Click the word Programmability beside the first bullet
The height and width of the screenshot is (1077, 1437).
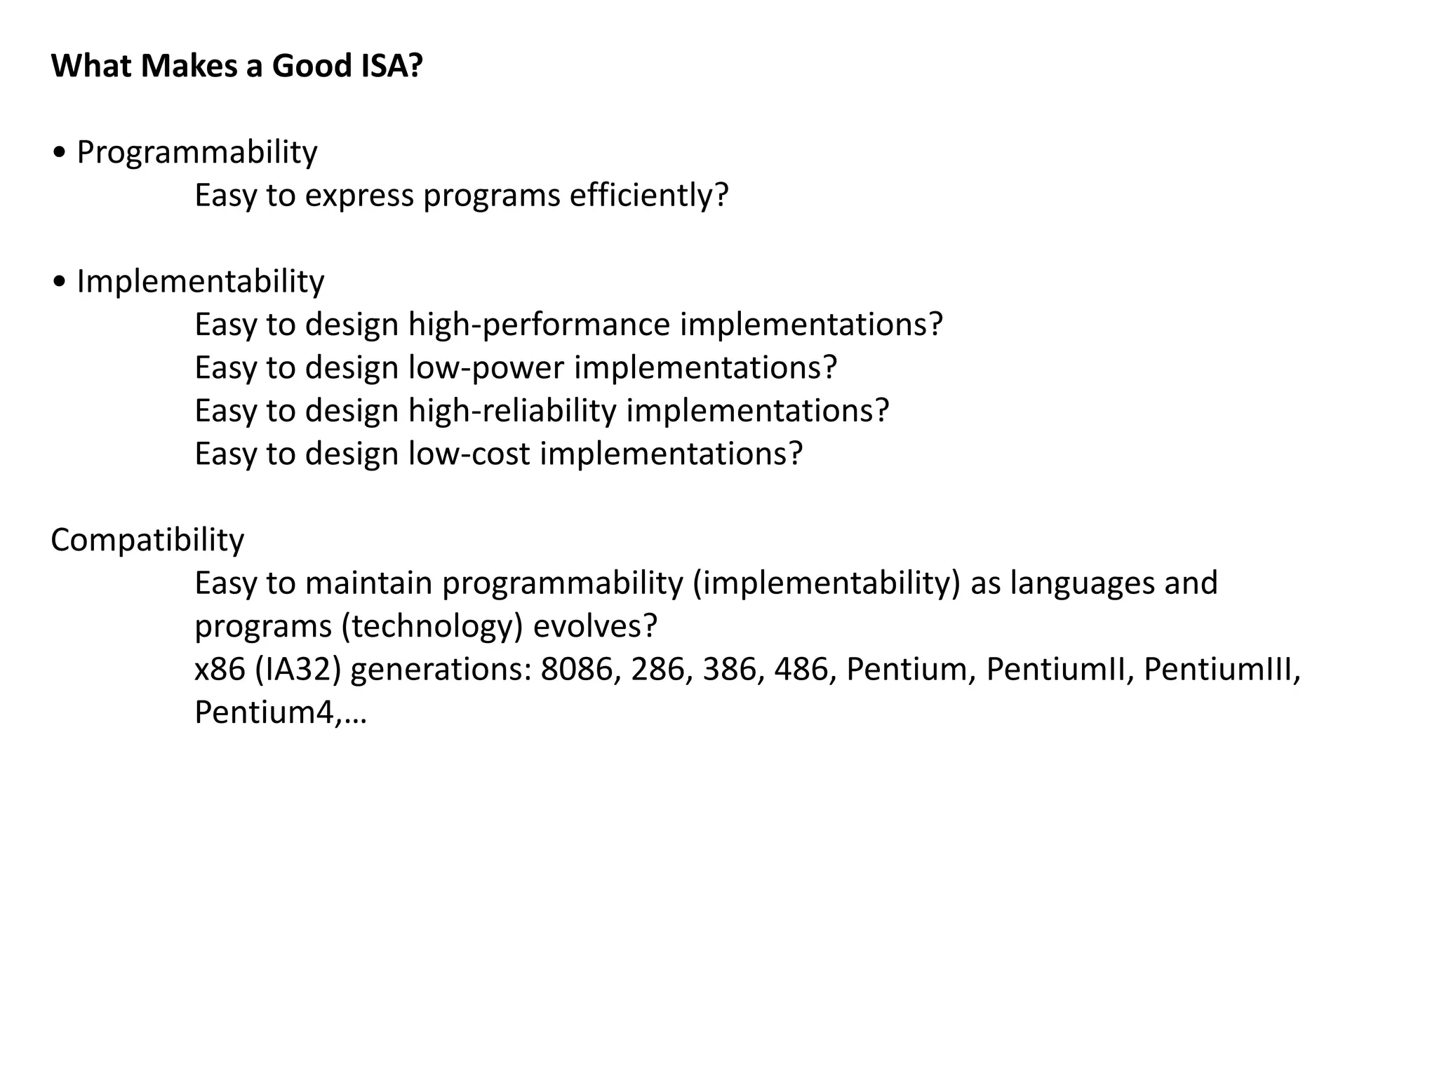[x=197, y=152]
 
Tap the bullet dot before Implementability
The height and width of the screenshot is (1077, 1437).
[x=60, y=282]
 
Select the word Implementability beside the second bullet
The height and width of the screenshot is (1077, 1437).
[x=201, y=282]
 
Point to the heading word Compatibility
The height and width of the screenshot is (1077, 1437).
[x=147, y=541]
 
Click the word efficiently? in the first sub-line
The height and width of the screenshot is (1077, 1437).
[x=649, y=196]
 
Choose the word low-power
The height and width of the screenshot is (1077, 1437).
[x=486, y=368]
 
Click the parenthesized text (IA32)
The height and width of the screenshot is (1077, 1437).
[x=298, y=670]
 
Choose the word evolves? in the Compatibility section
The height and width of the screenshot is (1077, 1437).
[x=595, y=627]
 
